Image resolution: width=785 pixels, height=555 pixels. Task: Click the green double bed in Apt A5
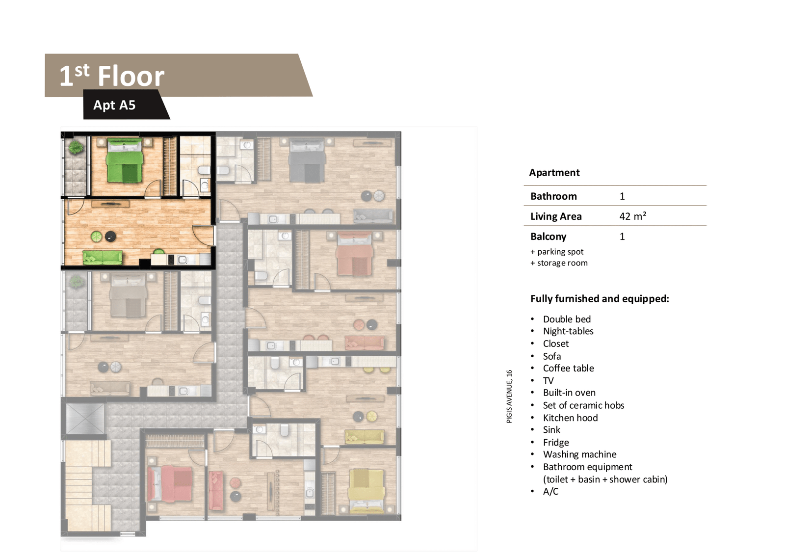point(125,160)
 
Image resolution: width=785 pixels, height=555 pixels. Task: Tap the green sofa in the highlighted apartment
point(103,257)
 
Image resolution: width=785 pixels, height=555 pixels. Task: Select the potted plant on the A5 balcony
point(76,148)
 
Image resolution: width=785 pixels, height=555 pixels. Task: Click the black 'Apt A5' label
point(114,105)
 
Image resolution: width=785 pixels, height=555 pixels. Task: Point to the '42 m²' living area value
point(632,216)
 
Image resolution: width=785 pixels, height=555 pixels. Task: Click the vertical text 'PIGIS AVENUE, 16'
point(509,396)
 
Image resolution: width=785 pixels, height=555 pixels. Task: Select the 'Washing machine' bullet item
point(579,454)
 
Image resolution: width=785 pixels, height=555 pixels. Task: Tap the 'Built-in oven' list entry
point(569,393)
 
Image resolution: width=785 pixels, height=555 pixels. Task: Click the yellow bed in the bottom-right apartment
point(366,490)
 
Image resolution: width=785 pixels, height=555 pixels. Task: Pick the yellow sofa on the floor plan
point(365,437)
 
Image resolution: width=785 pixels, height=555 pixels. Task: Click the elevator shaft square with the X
point(85,419)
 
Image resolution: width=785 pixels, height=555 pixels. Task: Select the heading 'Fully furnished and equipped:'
point(600,299)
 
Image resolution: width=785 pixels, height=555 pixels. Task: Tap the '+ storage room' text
point(559,263)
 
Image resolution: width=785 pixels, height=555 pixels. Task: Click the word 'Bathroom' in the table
point(553,196)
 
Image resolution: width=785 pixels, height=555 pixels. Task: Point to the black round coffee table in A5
point(111,237)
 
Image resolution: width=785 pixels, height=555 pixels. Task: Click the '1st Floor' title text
point(112,76)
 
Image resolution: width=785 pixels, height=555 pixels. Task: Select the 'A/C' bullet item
point(550,492)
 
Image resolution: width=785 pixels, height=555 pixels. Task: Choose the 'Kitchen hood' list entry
point(570,418)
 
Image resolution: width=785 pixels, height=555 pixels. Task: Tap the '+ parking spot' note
point(557,252)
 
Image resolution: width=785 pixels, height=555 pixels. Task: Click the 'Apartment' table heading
point(554,173)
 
